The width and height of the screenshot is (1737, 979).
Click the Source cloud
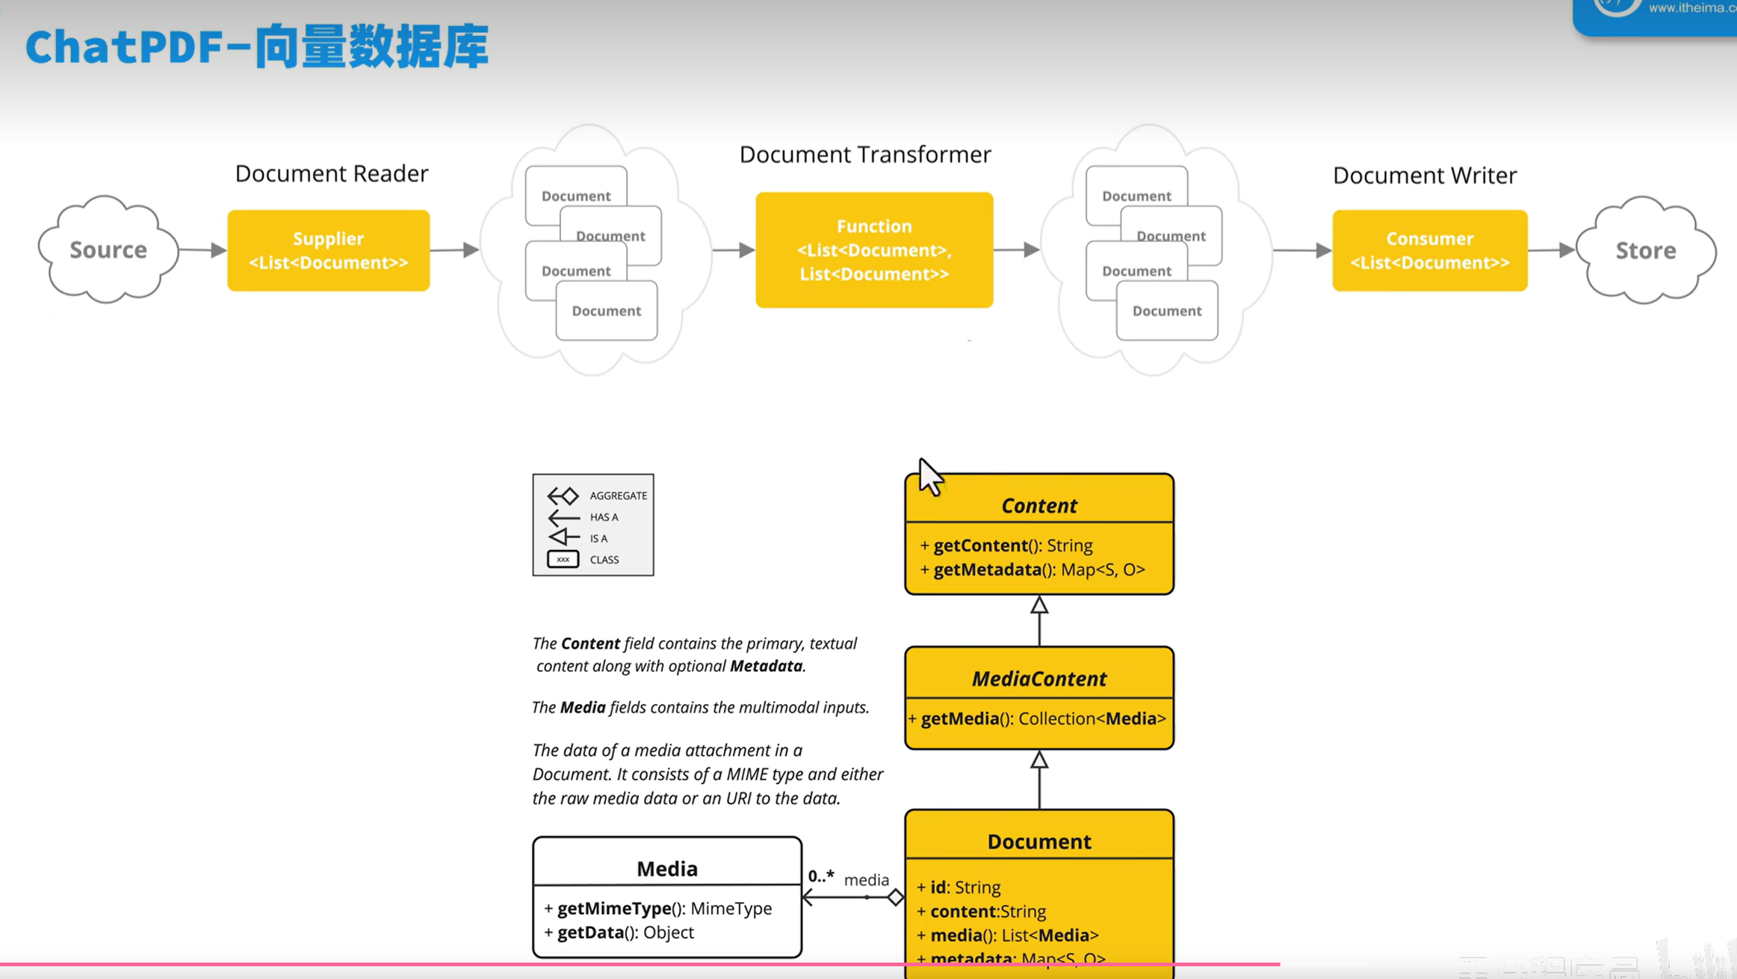click(x=108, y=250)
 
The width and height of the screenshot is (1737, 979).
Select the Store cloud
click(x=1645, y=250)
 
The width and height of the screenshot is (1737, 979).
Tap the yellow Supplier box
click(x=328, y=250)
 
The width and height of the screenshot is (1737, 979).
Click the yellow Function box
click(x=874, y=250)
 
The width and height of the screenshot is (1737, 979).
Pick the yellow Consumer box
click(x=1429, y=250)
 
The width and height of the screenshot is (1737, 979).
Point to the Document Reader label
click(x=332, y=173)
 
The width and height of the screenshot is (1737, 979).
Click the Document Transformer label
click(x=865, y=154)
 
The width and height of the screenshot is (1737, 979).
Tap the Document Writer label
click(x=1424, y=175)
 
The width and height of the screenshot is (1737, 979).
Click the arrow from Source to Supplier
click(x=202, y=250)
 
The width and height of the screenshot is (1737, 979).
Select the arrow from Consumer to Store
click(x=1551, y=250)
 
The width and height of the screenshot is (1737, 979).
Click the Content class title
click(x=1038, y=505)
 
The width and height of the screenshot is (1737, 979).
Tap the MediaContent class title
click(x=1038, y=679)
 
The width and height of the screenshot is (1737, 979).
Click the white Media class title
click(x=666, y=868)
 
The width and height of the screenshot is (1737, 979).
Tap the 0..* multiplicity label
click(x=820, y=876)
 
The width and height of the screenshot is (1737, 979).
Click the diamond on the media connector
click(x=895, y=897)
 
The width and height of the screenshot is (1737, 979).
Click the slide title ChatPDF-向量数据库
click(x=257, y=46)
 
